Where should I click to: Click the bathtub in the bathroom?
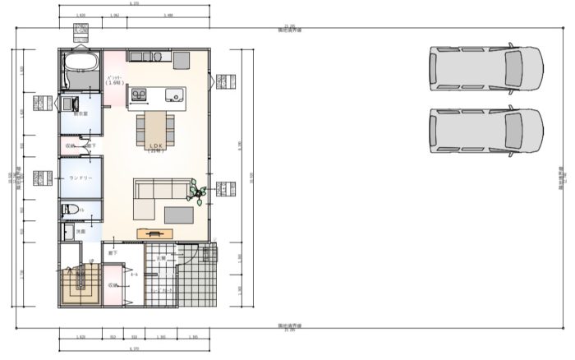tap(80, 64)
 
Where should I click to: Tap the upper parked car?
tap(485, 67)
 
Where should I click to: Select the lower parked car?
tap(485, 130)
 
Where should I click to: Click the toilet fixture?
tap(71, 210)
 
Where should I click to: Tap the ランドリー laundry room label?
tap(80, 178)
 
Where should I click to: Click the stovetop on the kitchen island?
tap(138, 95)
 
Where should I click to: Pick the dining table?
tap(155, 125)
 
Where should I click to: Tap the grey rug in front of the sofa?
tap(179, 215)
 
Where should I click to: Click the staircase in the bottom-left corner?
tap(80, 284)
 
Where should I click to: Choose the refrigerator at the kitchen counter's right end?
tap(182, 59)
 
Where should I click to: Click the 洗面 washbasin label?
tap(80, 232)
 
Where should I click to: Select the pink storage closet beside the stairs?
tap(113, 285)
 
